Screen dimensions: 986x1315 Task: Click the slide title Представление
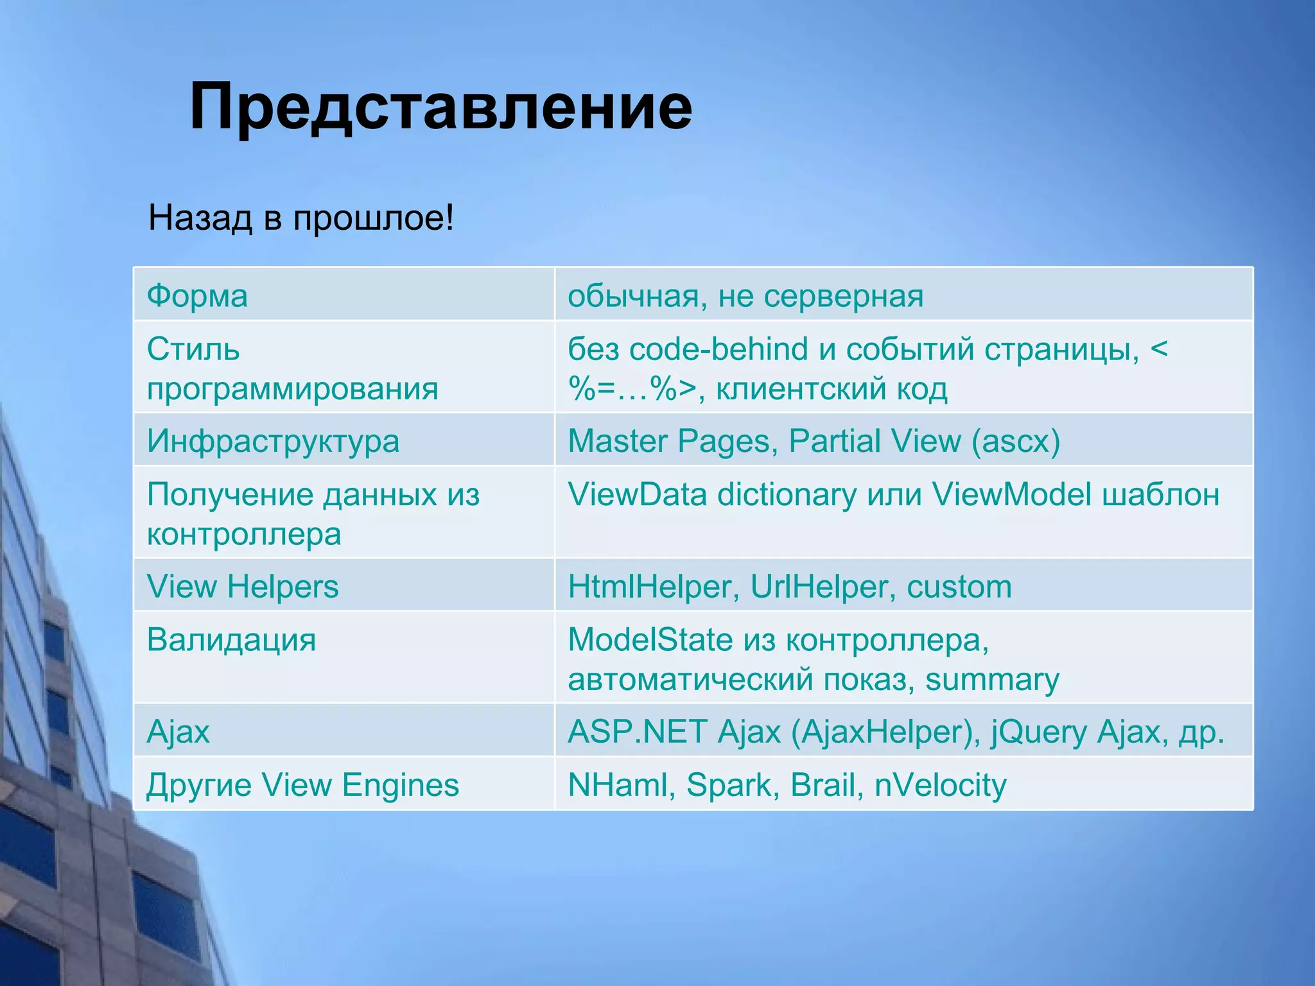coord(440,107)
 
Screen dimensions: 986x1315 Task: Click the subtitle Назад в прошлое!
coord(301,218)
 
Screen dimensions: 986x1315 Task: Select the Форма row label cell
coord(197,296)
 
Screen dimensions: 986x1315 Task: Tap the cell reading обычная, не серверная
coord(745,296)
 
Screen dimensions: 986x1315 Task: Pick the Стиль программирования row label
coord(292,368)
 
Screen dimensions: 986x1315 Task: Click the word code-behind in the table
coord(718,349)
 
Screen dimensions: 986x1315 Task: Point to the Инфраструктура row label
coord(273,441)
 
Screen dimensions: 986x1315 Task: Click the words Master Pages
coord(668,441)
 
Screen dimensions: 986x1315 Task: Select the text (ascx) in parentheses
coord(1016,441)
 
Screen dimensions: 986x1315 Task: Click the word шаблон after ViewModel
coord(1160,494)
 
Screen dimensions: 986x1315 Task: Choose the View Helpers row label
coord(243,586)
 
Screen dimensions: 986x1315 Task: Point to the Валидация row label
coord(231,640)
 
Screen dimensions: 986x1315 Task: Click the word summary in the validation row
coord(992,680)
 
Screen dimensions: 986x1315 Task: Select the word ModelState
coord(650,640)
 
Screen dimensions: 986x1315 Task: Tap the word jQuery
coord(1038,732)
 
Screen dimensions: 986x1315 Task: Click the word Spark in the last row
coord(729,784)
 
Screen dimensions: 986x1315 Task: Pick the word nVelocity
coord(940,784)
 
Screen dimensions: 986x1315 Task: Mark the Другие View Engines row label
coord(302,784)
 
